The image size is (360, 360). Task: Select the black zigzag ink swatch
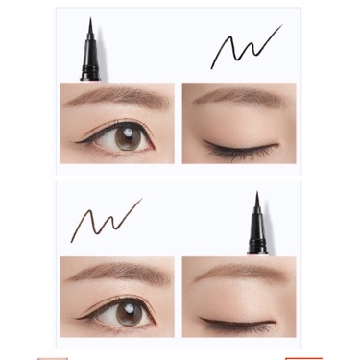[245, 48]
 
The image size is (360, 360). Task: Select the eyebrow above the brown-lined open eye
[120, 272]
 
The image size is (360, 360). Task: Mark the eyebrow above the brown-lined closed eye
[240, 272]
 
